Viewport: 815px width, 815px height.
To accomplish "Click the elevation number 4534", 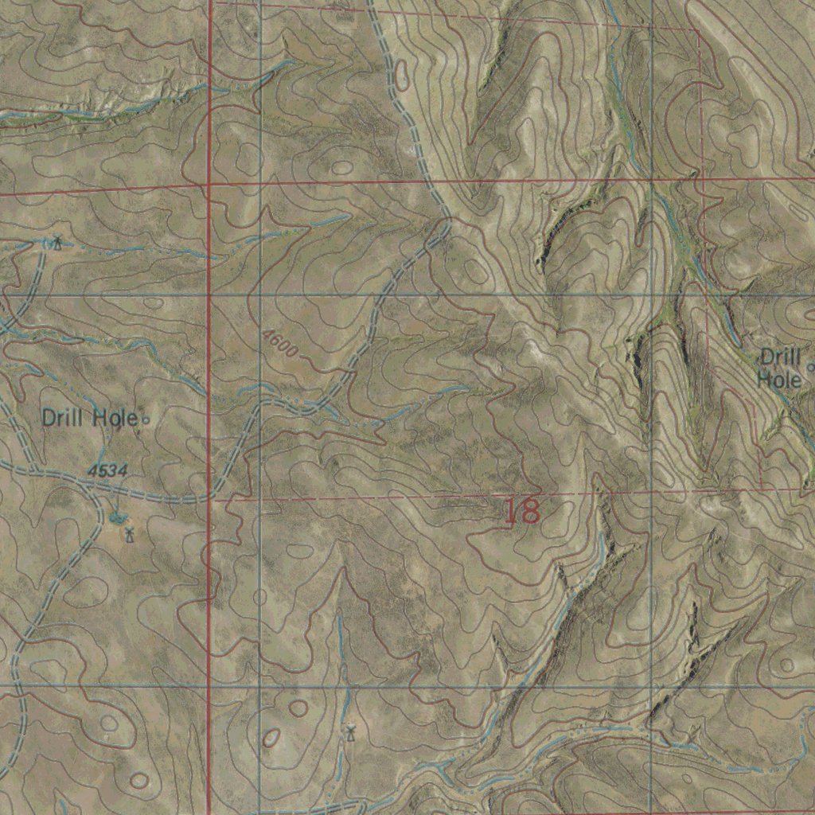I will (x=107, y=471).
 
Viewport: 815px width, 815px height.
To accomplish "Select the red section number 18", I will (x=522, y=511).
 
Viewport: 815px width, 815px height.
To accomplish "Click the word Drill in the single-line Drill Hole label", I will (x=66, y=417).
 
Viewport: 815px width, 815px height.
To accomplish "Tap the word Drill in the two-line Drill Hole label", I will (x=780, y=357).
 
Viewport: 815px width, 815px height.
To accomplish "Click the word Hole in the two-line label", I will (x=778, y=380).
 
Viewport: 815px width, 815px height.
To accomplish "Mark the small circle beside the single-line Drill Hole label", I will (x=145, y=418).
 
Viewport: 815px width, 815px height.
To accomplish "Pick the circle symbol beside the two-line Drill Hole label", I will (x=811, y=367).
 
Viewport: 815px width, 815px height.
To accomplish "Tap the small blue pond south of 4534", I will (x=118, y=519).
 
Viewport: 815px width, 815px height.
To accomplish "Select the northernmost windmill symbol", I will (x=57, y=242).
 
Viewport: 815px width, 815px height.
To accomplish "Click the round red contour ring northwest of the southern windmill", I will (x=298, y=708).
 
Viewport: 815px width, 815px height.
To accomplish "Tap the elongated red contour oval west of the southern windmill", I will (x=271, y=738).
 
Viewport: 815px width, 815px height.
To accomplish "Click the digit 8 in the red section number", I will (x=530, y=511).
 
